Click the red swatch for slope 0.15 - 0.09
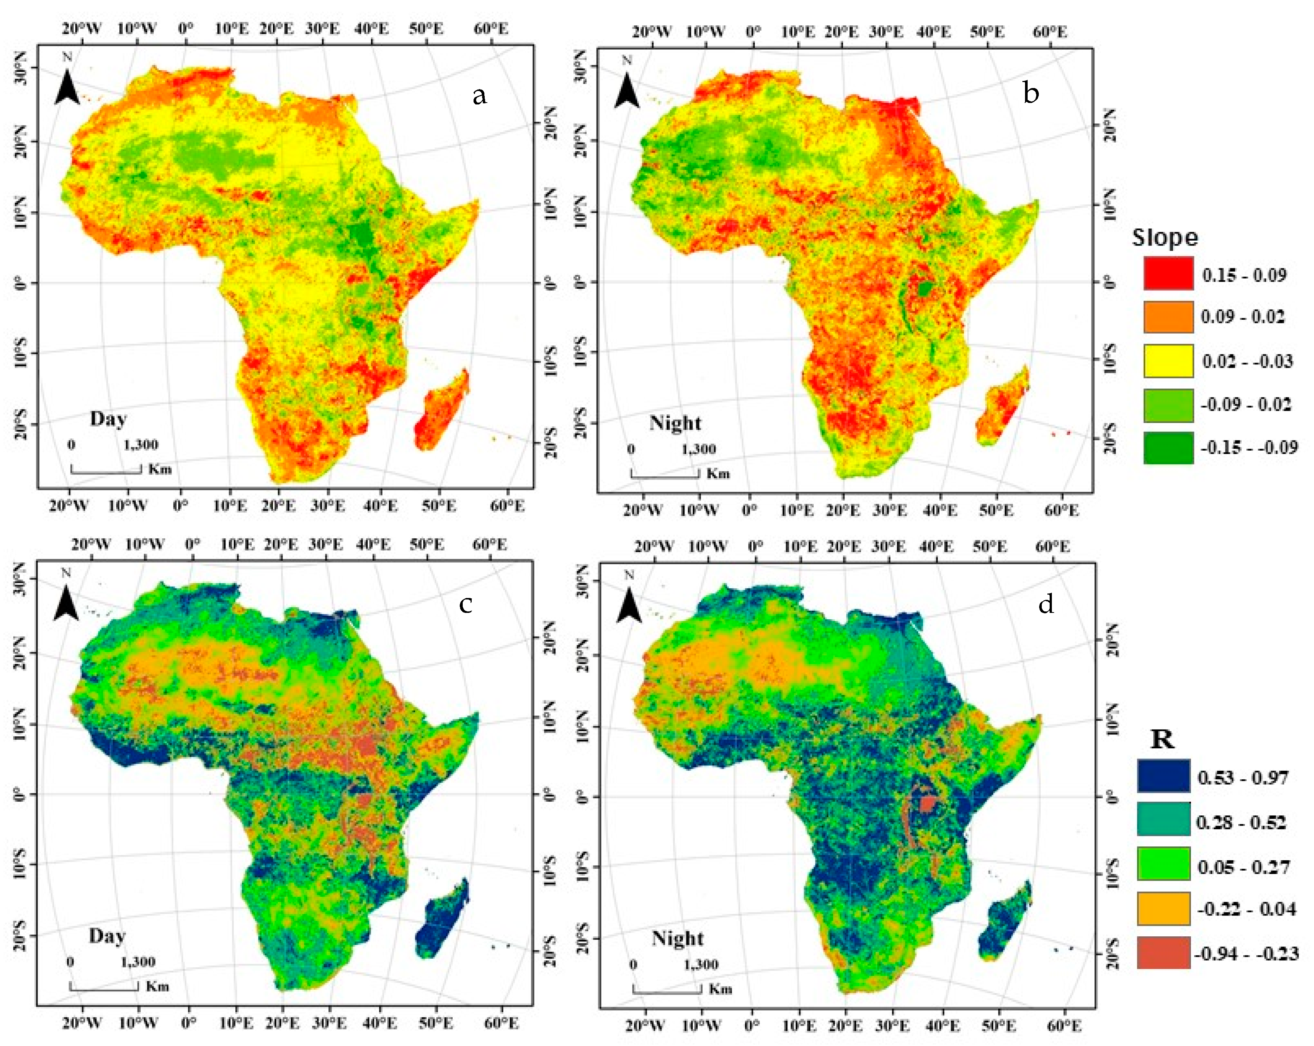(1168, 273)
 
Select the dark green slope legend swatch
(1168, 448)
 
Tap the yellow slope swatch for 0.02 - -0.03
(1168, 361)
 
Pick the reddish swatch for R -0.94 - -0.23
(1163, 952)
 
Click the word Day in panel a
(109, 419)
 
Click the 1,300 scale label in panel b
(698, 449)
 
